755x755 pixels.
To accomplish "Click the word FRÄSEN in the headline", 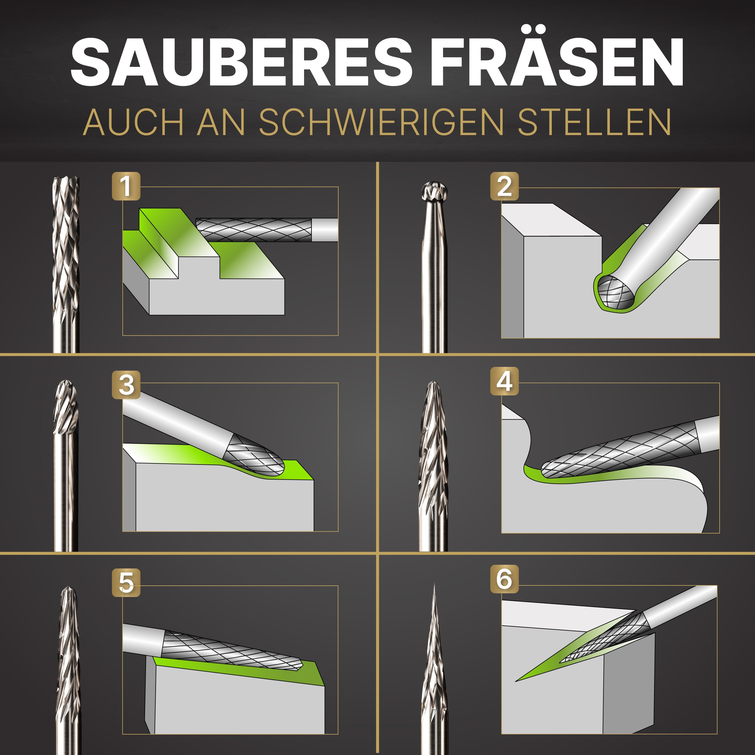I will (557, 63).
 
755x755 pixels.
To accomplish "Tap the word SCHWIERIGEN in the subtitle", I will (381, 122).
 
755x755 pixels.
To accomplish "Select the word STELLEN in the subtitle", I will (594, 122).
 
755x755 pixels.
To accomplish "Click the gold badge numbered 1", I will (126, 186).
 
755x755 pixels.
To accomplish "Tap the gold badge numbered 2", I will (504, 186).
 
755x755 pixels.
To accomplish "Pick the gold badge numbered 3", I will (126, 385).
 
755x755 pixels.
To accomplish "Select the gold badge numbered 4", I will (504, 381).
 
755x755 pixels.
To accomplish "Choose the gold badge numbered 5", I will (126, 582).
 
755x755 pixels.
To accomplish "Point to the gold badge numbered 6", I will (504, 579).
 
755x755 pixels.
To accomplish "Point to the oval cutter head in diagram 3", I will (256, 457).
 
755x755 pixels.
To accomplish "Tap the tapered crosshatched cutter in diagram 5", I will (231, 651).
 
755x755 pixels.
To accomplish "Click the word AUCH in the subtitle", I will (133, 122).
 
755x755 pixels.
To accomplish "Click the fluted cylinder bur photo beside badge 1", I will (66, 250).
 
